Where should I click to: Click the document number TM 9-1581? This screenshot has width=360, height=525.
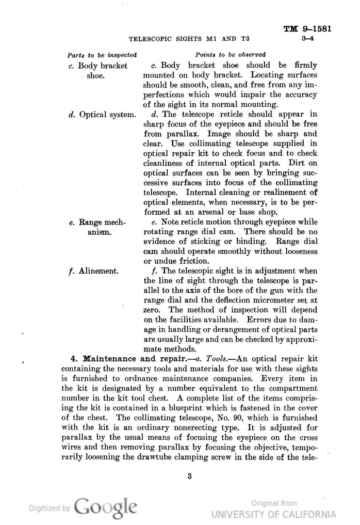coord(307,29)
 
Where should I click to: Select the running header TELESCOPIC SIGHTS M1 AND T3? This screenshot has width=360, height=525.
coord(189,38)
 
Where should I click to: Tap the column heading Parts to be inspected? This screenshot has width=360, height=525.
coord(102,55)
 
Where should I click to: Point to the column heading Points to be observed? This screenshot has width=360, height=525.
coord(231,55)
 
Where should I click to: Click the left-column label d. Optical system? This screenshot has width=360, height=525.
coord(102,115)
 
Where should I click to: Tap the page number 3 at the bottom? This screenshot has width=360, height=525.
coord(190,476)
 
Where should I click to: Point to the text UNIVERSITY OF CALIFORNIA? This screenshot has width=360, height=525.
coord(273,514)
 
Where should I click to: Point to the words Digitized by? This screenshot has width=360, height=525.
coord(48,508)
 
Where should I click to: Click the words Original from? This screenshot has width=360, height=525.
coord(274,503)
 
